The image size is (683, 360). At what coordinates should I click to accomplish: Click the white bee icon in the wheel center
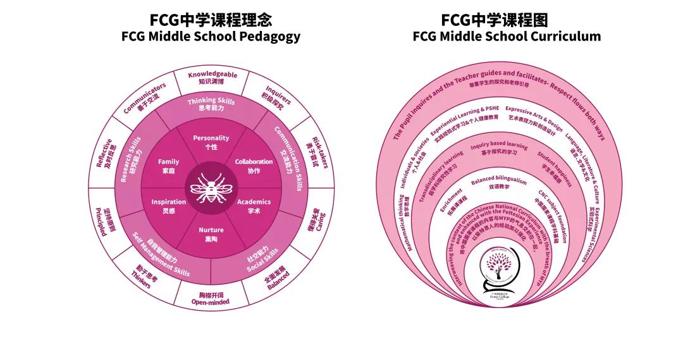pyautogui.click(x=211, y=187)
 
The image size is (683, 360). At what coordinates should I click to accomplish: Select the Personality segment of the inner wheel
pyautogui.click(x=211, y=142)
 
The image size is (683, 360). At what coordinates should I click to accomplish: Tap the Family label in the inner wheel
pyautogui.click(x=169, y=166)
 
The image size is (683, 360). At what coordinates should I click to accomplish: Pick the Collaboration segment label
pyautogui.click(x=254, y=166)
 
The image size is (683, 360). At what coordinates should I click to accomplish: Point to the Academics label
pyautogui.click(x=254, y=206)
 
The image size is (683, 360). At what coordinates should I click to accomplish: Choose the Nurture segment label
pyautogui.click(x=211, y=234)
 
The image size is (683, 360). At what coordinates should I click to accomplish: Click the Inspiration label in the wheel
pyautogui.click(x=169, y=206)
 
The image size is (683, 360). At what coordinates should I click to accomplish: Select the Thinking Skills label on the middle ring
pyautogui.click(x=211, y=104)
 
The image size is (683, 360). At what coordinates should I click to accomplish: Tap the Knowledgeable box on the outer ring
pyautogui.click(x=212, y=78)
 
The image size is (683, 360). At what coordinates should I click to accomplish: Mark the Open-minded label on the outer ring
pyautogui.click(x=211, y=299)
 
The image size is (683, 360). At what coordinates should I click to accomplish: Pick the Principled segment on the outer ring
pyautogui.click(x=103, y=221)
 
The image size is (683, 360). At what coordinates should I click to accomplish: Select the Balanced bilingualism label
pyautogui.click(x=499, y=183)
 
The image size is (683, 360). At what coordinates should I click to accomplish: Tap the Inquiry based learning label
pyautogui.click(x=499, y=149)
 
